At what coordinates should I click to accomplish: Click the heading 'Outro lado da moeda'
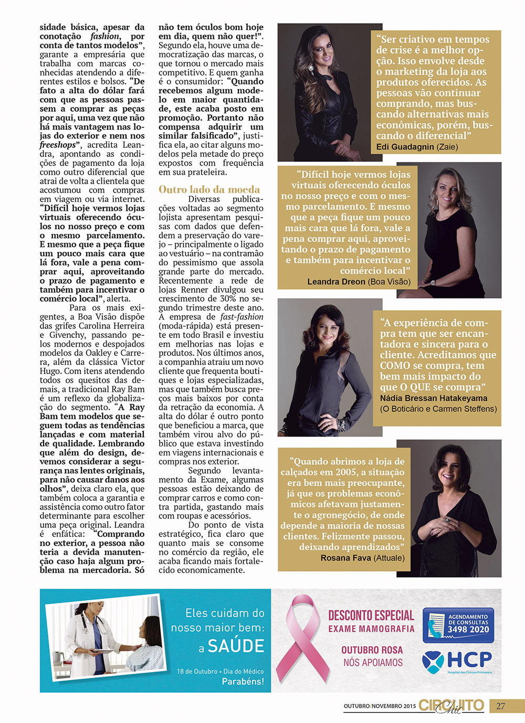(x=209, y=189)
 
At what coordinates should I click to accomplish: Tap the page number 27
(x=500, y=706)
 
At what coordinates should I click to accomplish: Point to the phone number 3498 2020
(x=468, y=630)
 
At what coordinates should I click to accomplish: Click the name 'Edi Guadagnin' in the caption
(x=405, y=147)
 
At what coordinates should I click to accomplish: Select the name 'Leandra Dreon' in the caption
(x=336, y=282)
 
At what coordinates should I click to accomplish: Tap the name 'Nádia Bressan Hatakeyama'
(x=434, y=398)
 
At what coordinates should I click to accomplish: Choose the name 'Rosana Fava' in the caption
(x=345, y=558)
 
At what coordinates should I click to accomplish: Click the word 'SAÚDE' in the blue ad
(x=236, y=646)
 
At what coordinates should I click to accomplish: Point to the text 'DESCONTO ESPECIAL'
(x=371, y=615)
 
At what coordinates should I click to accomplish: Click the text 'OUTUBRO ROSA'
(x=372, y=650)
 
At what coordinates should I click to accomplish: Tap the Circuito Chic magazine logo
(x=451, y=706)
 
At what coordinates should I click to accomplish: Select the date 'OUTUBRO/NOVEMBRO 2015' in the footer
(x=380, y=706)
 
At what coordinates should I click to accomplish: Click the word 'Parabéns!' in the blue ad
(x=243, y=682)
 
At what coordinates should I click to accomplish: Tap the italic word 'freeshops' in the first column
(x=58, y=145)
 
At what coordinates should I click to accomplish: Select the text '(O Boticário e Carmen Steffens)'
(x=438, y=409)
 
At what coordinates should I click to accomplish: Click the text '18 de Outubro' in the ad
(x=197, y=672)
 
